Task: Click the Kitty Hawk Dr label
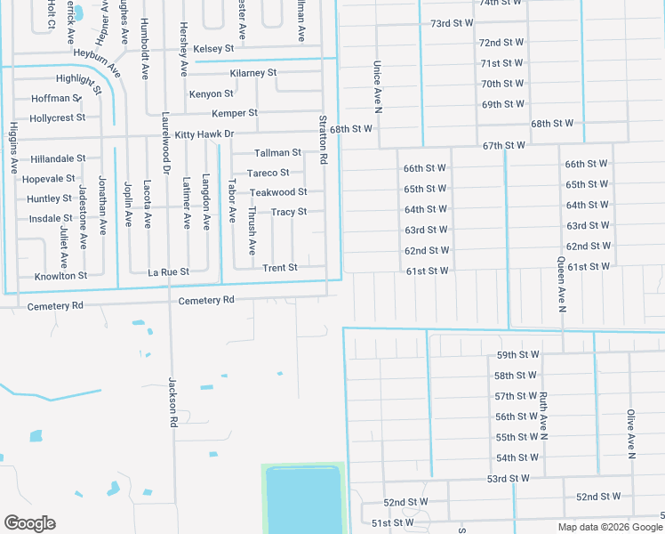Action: [x=204, y=134]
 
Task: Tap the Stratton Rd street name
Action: [x=324, y=140]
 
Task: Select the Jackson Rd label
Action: [x=173, y=403]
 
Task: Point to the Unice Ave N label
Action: [x=377, y=87]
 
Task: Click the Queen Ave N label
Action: [x=561, y=285]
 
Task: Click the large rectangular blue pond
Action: [x=302, y=498]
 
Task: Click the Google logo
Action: [x=29, y=523]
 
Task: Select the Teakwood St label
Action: [x=278, y=192]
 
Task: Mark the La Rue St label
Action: [x=168, y=271]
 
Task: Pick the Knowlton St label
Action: [x=60, y=276]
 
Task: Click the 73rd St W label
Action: [x=453, y=22]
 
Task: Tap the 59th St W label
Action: [x=517, y=355]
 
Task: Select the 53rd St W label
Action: [x=508, y=479]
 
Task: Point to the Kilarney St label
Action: [x=253, y=72]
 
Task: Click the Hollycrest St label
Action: [x=58, y=117]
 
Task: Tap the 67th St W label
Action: [x=504, y=145]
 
